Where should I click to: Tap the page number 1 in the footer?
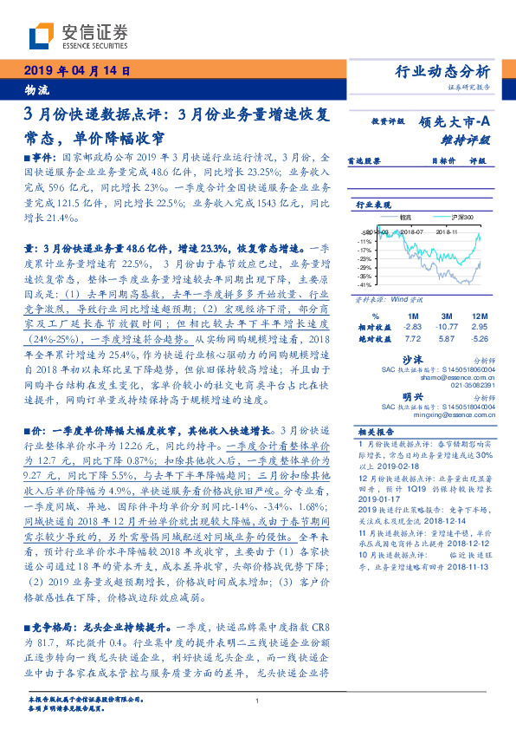(x=258, y=701)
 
